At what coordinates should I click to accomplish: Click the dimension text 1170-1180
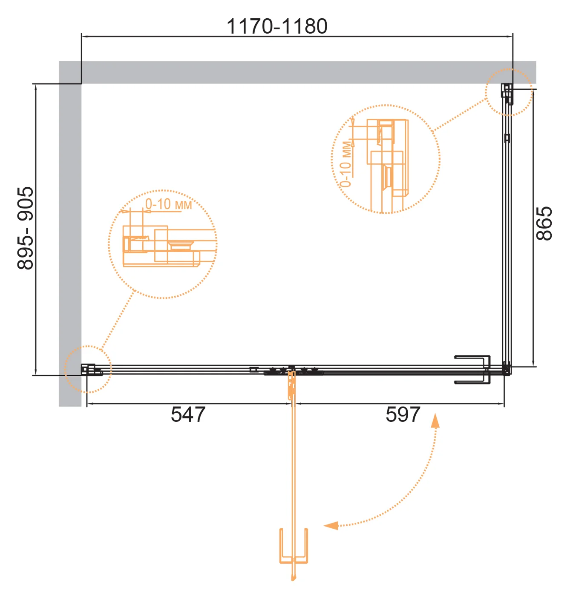click(x=276, y=26)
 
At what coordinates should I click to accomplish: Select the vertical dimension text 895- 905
click(x=26, y=228)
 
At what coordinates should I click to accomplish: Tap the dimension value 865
click(x=544, y=223)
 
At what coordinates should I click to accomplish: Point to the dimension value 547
click(x=188, y=415)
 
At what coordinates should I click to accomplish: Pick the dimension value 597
click(x=403, y=415)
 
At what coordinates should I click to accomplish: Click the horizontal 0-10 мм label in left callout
click(x=168, y=204)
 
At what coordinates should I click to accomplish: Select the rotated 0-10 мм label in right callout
click(x=346, y=164)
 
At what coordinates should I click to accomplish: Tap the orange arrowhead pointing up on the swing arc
click(x=435, y=421)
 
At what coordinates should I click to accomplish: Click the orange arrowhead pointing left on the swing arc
click(x=331, y=526)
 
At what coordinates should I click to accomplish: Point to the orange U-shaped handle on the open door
click(x=294, y=562)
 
